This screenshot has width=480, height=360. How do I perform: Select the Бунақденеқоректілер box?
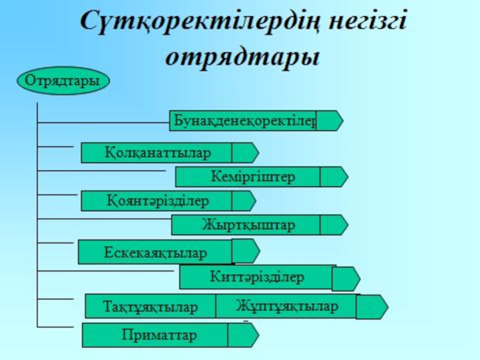[243, 121]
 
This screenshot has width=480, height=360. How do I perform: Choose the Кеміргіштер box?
[248, 177]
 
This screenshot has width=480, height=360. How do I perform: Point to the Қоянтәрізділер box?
[156, 201]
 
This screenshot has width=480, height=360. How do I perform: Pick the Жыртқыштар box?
[246, 225]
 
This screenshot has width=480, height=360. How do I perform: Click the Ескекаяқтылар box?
[155, 252]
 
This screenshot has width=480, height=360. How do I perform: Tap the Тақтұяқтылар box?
[150, 307]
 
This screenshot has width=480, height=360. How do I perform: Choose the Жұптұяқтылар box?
[287, 305]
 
